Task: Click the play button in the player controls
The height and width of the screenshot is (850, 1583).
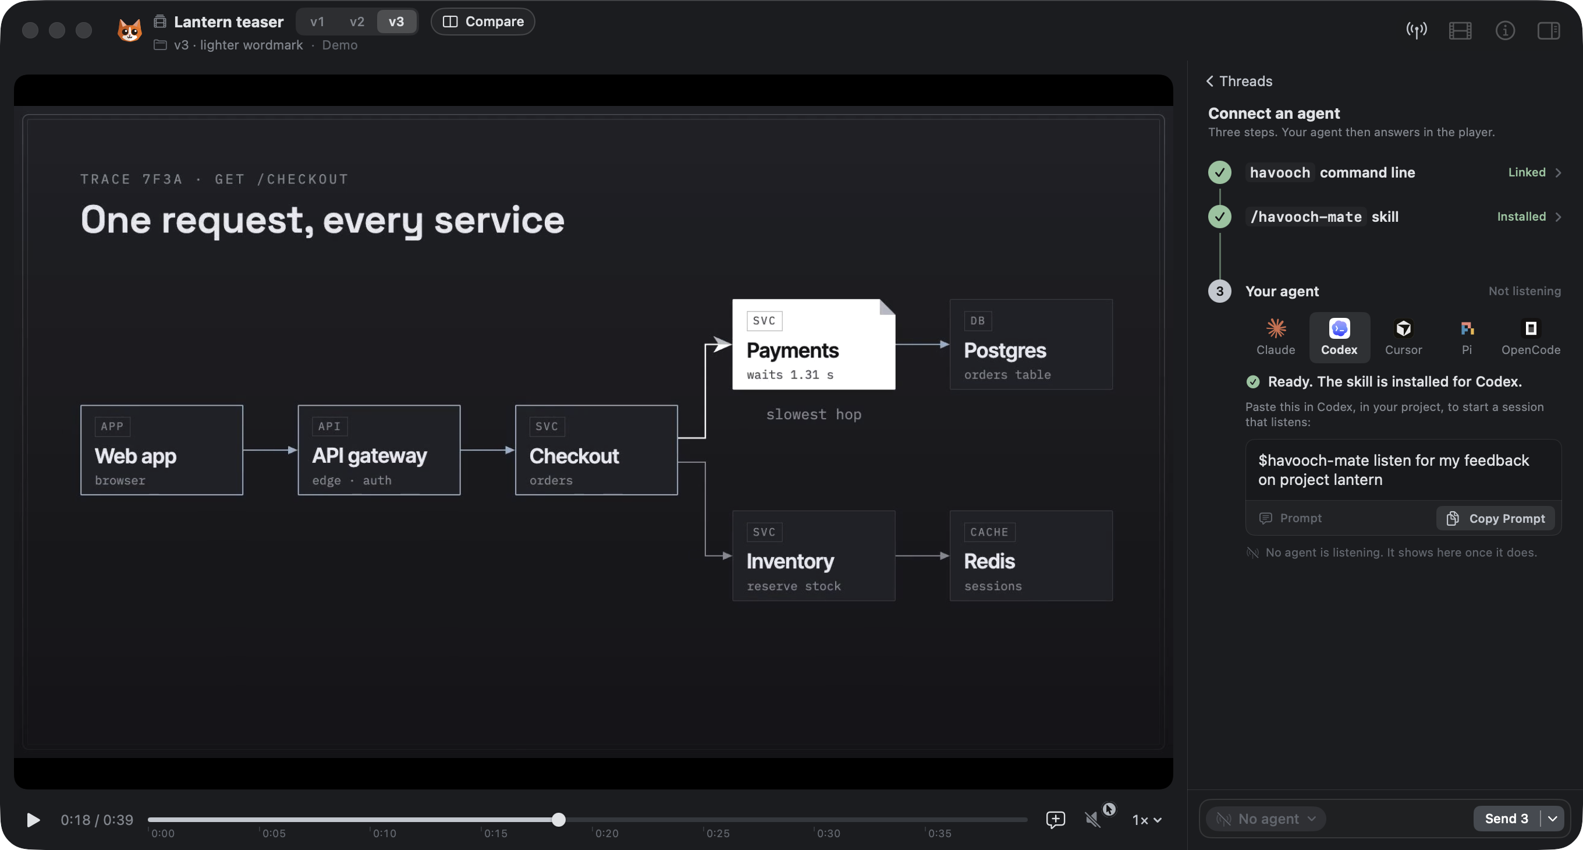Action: pyautogui.click(x=33, y=820)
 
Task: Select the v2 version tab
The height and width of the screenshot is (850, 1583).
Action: pyautogui.click(x=356, y=22)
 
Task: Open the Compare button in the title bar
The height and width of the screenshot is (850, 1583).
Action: pyautogui.click(x=483, y=22)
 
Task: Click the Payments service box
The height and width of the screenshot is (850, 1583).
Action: pyautogui.click(x=814, y=344)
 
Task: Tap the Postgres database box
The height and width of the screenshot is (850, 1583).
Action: pyautogui.click(x=1031, y=344)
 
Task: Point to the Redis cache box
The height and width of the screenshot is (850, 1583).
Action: pyautogui.click(x=1031, y=555)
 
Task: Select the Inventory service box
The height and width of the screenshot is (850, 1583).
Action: pyautogui.click(x=814, y=555)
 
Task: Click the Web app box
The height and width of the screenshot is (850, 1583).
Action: pyautogui.click(x=162, y=450)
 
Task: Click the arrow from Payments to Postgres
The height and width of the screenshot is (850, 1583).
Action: pyautogui.click(x=922, y=344)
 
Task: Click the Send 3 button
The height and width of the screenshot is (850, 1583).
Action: pyautogui.click(x=1506, y=819)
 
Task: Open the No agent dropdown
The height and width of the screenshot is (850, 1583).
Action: pyautogui.click(x=1266, y=819)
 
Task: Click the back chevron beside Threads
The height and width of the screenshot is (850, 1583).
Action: pyautogui.click(x=1210, y=81)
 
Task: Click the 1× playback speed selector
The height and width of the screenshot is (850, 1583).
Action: pyautogui.click(x=1147, y=820)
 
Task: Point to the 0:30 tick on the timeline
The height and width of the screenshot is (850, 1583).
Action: pyautogui.click(x=815, y=830)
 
